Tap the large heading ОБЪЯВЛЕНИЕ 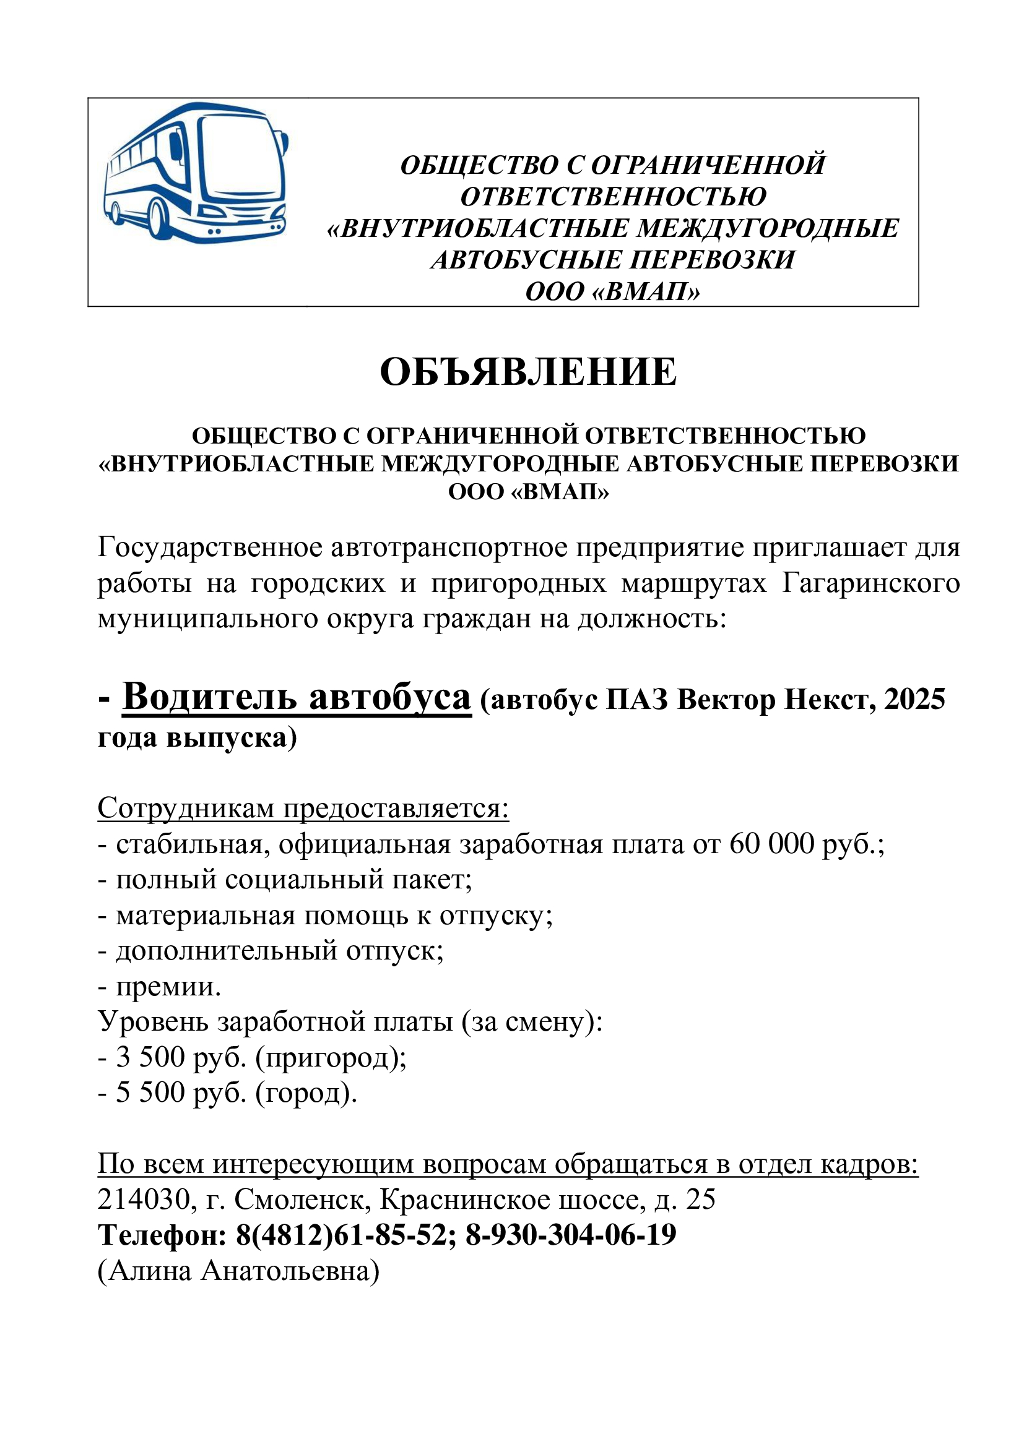(527, 372)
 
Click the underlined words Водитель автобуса (297, 698)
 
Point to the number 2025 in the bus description (914, 700)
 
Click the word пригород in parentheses (330, 1057)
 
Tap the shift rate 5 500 (150, 1092)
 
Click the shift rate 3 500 (150, 1057)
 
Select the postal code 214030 (144, 1200)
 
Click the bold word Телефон (162, 1235)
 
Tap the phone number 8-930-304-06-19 (571, 1235)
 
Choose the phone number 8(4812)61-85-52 (342, 1235)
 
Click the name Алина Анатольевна (238, 1271)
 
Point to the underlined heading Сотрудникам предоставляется (303, 808)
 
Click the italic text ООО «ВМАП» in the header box (612, 292)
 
